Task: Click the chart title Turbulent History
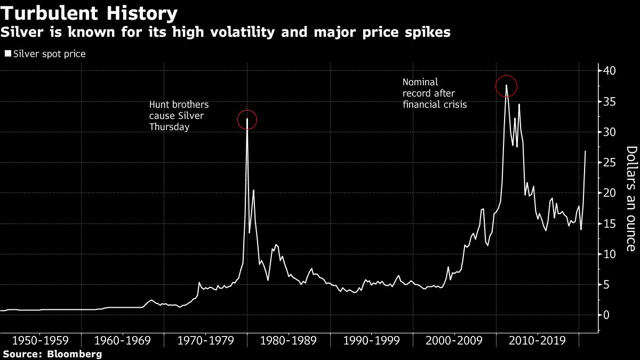coord(89,13)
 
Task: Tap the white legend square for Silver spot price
coord(7,54)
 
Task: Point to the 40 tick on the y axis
coord(610,71)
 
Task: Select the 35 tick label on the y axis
coord(610,101)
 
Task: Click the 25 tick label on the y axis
coord(610,163)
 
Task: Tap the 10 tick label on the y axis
coord(610,254)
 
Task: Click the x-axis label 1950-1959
coord(41,340)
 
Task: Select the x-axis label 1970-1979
coord(206,340)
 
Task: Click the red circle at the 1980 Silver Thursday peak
coord(247,119)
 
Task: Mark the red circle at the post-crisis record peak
coord(506,85)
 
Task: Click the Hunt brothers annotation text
coord(179,116)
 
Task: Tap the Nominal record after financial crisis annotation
coord(435,93)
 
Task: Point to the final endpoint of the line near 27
coord(586,151)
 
